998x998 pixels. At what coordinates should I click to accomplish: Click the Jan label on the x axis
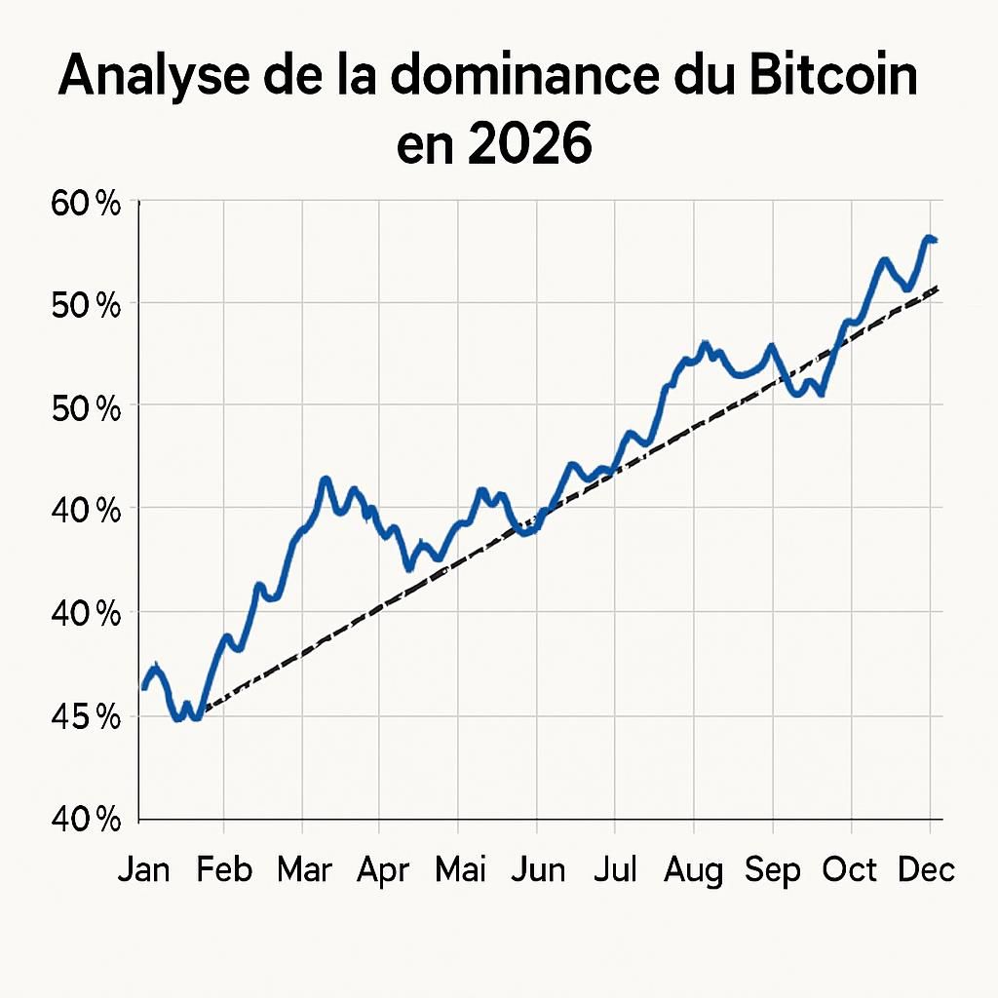click(143, 869)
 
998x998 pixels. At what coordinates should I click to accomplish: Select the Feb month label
click(224, 869)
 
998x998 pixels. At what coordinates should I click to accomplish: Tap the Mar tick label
click(304, 869)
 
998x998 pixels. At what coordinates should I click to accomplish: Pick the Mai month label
click(459, 869)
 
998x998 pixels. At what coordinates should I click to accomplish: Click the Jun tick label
click(538, 869)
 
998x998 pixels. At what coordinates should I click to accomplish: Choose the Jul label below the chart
click(616, 869)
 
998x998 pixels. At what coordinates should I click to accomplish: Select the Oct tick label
click(851, 869)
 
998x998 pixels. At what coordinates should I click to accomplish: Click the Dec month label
click(926, 869)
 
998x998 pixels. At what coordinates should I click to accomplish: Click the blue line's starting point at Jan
click(144, 688)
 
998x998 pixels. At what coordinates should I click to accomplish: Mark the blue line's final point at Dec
click(935, 240)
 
